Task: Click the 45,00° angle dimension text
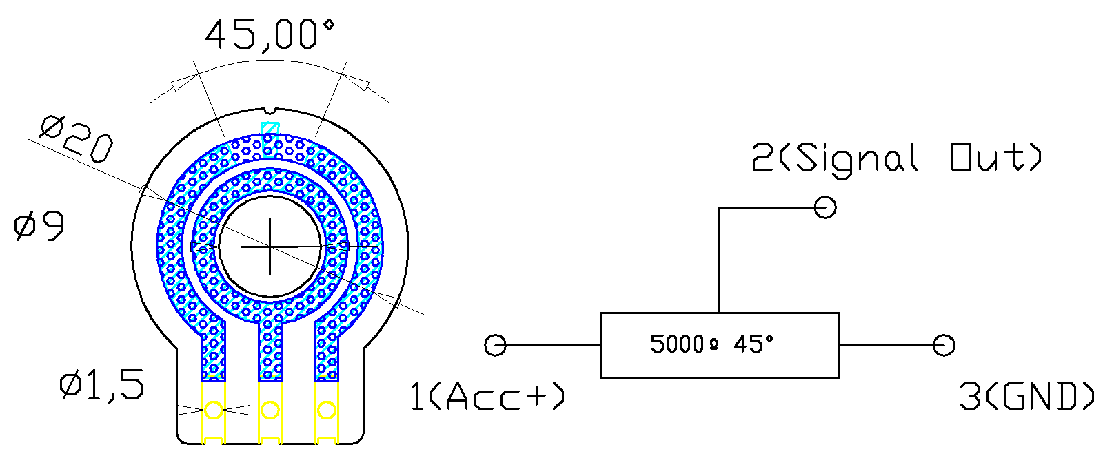click(270, 34)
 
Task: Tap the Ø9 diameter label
click(39, 227)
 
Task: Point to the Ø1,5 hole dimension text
click(102, 385)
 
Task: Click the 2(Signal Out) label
click(896, 158)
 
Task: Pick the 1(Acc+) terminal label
click(487, 396)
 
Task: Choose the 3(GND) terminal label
click(1026, 396)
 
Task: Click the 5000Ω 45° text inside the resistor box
click(712, 344)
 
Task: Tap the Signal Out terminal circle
click(825, 207)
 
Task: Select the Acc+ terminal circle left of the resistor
click(496, 345)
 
